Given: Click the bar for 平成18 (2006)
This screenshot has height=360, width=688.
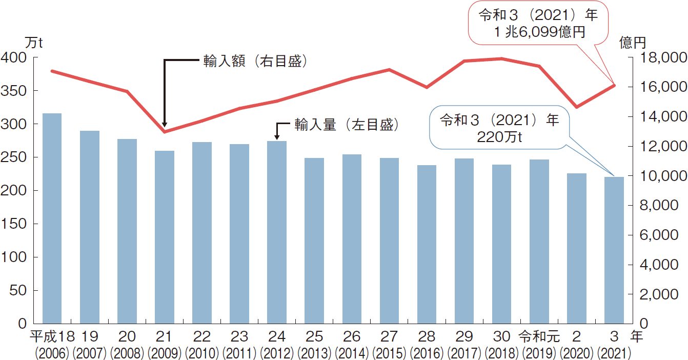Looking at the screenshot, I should [x=52, y=218].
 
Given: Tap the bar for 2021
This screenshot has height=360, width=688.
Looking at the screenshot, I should [x=614, y=250].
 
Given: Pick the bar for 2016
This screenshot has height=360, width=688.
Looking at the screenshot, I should [x=427, y=244].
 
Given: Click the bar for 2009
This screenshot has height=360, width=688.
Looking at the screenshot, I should [x=164, y=237].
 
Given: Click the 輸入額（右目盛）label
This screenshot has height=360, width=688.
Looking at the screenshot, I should [x=255, y=62].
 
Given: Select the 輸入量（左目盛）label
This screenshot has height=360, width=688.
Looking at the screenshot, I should [x=346, y=125].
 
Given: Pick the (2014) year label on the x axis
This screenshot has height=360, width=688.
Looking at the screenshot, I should [x=352, y=353].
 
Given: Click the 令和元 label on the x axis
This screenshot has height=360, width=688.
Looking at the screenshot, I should [x=538, y=337].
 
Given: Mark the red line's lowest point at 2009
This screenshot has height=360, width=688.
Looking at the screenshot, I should [x=164, y=132].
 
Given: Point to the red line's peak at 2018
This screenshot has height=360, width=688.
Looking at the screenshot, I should [x=502, y=58].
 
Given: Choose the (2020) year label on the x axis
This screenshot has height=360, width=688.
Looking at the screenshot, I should [x=577, y=353].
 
